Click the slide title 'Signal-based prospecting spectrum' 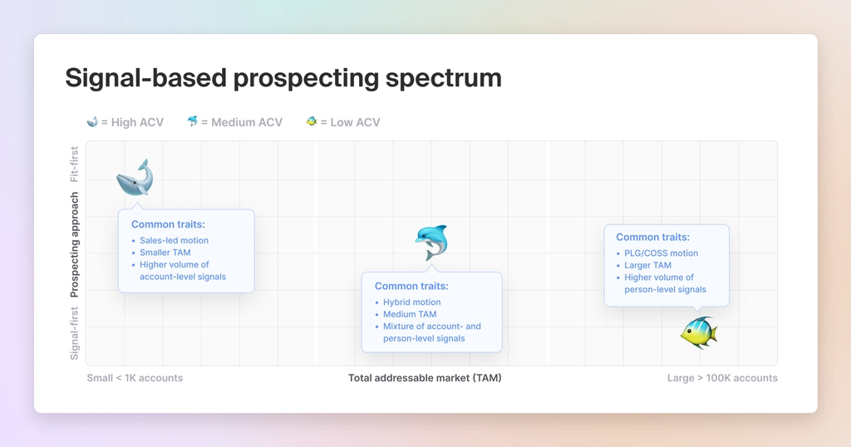(x=283, y=78)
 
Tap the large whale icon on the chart (x=135, y=177)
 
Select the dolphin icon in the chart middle (x=430, y=242)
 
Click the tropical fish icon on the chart (x=698, y=332)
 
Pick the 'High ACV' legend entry (x=125, y=122)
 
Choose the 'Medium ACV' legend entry (x=234, y=122)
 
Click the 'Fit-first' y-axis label (x=75, y=165)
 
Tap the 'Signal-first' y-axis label (x=75, y=333)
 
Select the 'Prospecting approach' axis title (x=75, y=245)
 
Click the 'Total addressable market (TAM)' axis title (x=425, y=378)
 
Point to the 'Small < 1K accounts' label (x=135, y=378)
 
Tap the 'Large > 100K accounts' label (x=722, y=378)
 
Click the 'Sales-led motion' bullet (x=174, y=240)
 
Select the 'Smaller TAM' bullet (x=166, y=253)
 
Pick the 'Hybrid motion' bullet (x=411, y=302)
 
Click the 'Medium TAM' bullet (x=410, y=315)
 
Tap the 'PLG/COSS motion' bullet (x=661, y=253)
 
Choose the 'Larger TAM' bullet (x=647, y=266)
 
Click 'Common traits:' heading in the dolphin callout (x=411, y=287)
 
